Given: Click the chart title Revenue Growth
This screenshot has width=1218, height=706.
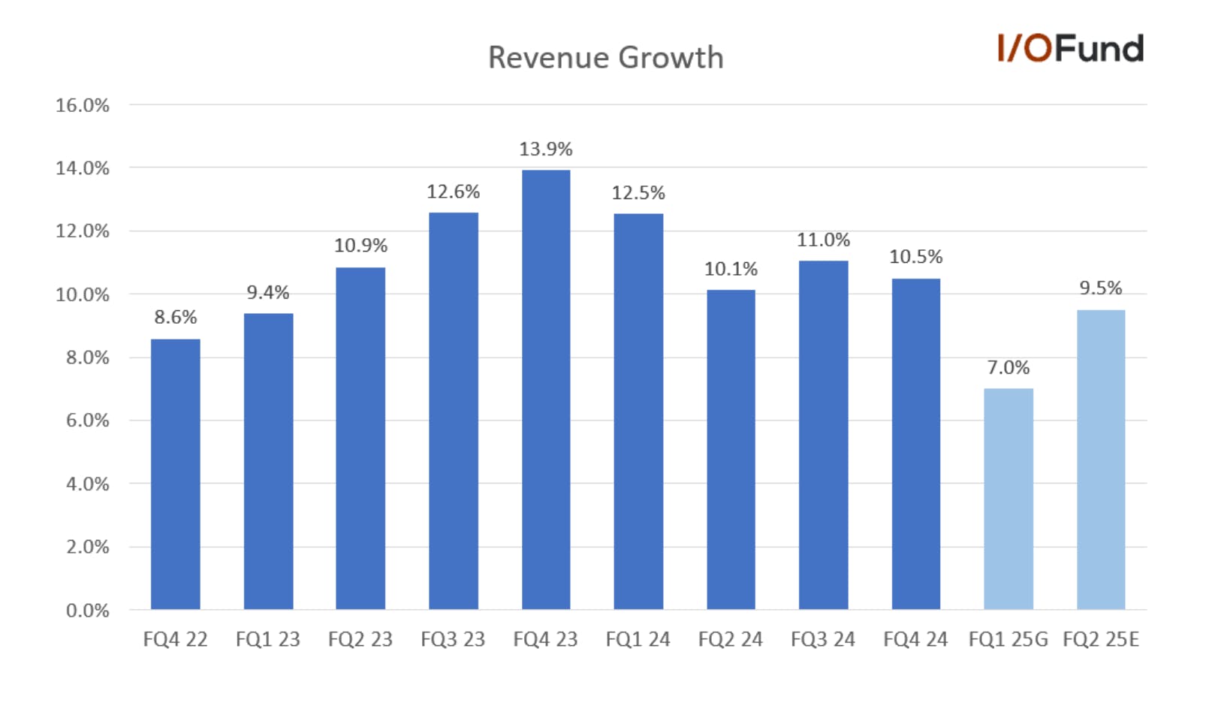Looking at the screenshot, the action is point(606,58).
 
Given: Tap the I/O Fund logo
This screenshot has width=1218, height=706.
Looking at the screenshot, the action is point(1071,48).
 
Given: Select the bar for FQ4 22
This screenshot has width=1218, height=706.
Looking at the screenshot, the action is point(176,474).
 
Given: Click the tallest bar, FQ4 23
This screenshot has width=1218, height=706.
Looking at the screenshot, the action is point(546,390).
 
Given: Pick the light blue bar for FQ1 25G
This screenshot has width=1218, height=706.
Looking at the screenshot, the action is point(1008,499).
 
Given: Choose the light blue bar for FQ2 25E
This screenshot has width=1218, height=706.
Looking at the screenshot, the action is point(1101,460).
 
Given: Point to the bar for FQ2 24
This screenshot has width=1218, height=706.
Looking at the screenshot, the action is point(731,450).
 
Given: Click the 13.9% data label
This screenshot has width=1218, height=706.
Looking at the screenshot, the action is point(546,149).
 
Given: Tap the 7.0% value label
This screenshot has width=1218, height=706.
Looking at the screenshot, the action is point(1008,368).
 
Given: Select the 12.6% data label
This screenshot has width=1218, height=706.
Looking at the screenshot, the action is point(454,192).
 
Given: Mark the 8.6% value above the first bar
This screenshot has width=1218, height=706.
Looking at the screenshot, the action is point(176,317).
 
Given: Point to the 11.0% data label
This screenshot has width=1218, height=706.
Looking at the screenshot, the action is point(823,240).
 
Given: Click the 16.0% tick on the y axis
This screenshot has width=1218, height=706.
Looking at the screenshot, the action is point(83,105).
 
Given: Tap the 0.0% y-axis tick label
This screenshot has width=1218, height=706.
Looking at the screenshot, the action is point(88,611).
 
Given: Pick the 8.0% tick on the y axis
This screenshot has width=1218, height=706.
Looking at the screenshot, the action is point(88,358).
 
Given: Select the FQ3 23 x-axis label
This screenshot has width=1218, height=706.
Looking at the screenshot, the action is point(453,639).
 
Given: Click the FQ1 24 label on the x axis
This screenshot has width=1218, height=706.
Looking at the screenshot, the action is point(638,639).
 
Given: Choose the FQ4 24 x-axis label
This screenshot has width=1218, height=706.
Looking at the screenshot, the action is point(915,639).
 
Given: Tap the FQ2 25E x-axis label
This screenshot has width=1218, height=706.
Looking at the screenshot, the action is point(1101,639).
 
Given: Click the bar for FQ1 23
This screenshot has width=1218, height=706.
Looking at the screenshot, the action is point(269,461).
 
